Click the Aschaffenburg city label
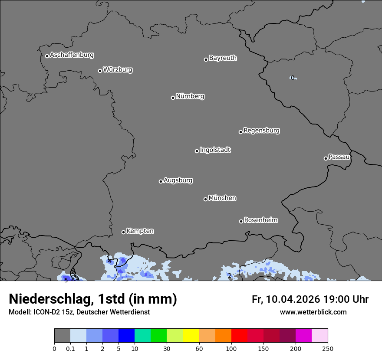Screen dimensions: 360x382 point(72,55)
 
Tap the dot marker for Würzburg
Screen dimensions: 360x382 point(100,71)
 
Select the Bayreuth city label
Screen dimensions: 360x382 point(223,58)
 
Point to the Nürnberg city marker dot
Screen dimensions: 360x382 point(173,98)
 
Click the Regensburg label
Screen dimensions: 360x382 point(261,131)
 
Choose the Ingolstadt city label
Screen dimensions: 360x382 point(215,150)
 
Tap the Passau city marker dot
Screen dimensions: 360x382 point(326,158)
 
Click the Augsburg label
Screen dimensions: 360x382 point(178,180)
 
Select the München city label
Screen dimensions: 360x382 point(222,198)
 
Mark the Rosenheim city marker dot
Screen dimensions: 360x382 point(241,222)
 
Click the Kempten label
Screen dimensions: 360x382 point(140,231)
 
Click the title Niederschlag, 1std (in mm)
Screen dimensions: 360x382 point(93,299)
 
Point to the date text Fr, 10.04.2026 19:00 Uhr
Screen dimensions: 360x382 point(310,299)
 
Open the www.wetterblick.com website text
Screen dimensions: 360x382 point(313,312)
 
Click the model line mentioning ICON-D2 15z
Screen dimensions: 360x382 point(79,312)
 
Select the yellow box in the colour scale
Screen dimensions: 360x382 point(191,336)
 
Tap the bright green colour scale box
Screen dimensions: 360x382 point(159,336)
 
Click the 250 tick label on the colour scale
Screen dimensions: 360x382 point(328,348)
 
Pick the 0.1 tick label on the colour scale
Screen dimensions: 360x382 point(70,348)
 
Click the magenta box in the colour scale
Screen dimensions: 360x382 point(303,336)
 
